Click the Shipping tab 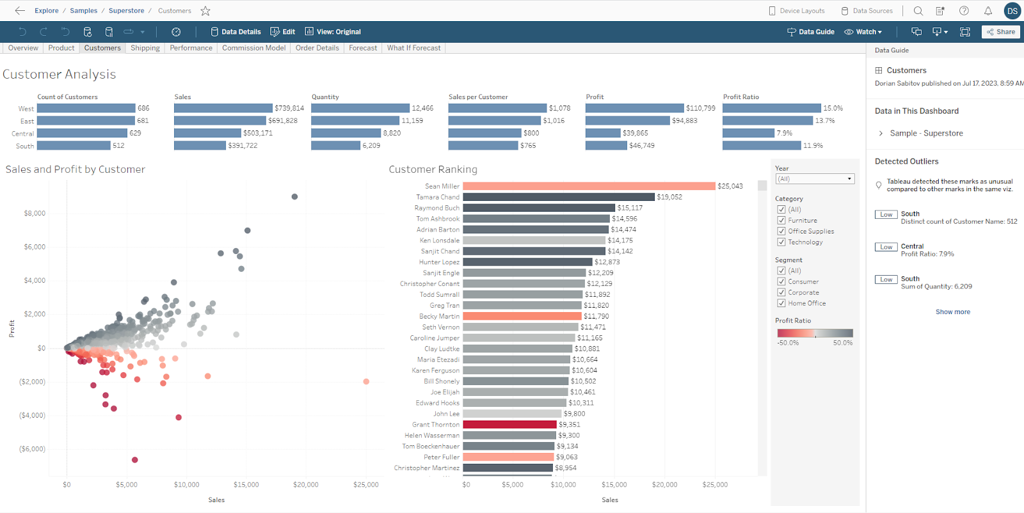tap(145, 48)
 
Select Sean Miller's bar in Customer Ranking tap(589, 186)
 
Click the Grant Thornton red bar tap(509, 424)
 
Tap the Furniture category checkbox tap(781, 220)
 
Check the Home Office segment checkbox tap(781, 303)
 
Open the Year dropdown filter tap(815, 179)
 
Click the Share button tap(1001, 31)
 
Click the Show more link tap(952, 312)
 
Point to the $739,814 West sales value tap(289, 108)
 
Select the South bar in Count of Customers tap(74, 146)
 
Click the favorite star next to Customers tap(205, 11)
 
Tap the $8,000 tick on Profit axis tap(35, 213)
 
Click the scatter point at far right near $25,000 tap(366, 381)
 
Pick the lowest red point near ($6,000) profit tap(134, 459)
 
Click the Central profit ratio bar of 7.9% tap(748, 133)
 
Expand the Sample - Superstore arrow tap(881, 133)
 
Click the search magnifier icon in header tap(918, 11)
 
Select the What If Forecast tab tap(413, 48)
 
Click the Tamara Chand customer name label tap(438, 197)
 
